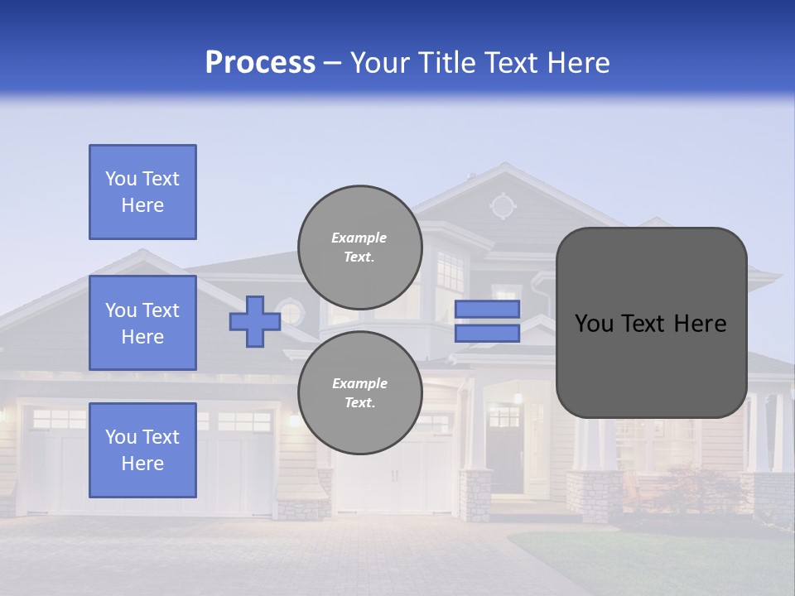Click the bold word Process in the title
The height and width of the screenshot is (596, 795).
click(x=260, y=63)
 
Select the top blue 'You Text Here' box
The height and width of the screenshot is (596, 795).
click(x=142, y=192)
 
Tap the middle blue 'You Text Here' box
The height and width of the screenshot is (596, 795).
click(x=142, y=323)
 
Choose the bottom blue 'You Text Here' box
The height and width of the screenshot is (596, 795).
click(x=142, y=450)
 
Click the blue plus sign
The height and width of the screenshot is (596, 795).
click(x=254, y=321)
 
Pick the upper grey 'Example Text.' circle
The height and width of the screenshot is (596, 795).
click(x=359, y=247)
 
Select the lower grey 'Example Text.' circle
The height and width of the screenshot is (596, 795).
click(x=359, y=392)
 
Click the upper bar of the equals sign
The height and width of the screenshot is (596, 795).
click(x=487, y=309)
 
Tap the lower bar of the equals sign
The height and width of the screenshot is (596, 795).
click(x=487, y=333)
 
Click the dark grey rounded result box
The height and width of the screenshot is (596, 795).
click(x=651, y=323)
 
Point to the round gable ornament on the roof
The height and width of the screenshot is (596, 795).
click(x=502, y=205)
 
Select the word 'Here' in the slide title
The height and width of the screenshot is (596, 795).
click(x=580, y=63)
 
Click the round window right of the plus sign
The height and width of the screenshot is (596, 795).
click(x=291, y=313)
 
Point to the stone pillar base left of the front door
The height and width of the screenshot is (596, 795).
click(x=475, y=495)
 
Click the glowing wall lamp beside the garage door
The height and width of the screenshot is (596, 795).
click(x=293, y=421)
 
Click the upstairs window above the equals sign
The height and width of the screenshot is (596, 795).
click(x=450, y=272)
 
